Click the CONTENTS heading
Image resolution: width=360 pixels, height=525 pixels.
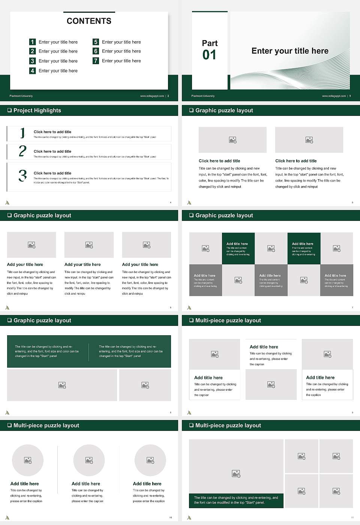[x=89, y=21]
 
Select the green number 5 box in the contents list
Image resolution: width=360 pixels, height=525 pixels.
[x=96, y=42]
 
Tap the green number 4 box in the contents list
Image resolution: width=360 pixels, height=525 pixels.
[x=33, y=70]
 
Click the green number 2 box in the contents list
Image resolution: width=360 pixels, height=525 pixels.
[x=33, y=51]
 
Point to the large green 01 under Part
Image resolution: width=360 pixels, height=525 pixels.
[x=209, y=55]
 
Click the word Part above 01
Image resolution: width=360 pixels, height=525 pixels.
[x=210, y=43]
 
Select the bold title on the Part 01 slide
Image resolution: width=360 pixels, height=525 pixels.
[x=290, y=51]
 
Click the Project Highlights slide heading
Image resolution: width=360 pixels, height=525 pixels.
[x=37, y=111]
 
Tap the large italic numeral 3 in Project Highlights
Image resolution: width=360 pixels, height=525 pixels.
[x=22, y=175]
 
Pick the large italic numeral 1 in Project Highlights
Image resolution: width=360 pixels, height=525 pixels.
[x=22, y=133]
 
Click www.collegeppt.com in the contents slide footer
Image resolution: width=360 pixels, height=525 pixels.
[x=152, y=96]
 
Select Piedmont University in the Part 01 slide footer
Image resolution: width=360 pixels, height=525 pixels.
[x=203, y=96]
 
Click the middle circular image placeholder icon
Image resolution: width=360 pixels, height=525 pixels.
[x=89, y=460]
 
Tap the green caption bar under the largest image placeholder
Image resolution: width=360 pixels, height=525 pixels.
[x=236, y=500]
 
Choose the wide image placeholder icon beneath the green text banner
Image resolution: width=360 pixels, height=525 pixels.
[x=62, y=385]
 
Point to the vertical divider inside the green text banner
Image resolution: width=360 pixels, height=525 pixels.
[x=89, y=352]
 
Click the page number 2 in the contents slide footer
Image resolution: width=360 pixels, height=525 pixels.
[x=168, y=96]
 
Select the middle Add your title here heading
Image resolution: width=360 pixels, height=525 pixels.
[x=82, y=264]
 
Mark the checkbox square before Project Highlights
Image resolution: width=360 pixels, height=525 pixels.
[x=9, y=111]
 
